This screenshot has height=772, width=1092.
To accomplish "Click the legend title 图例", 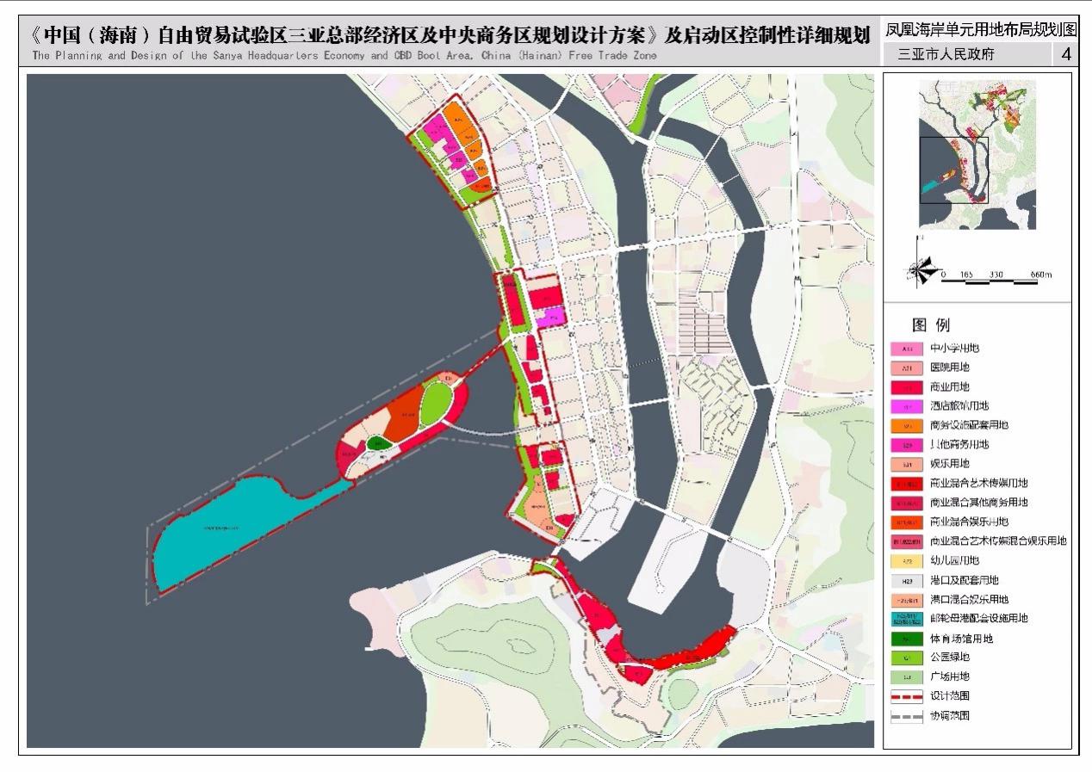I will [x=930, y=325].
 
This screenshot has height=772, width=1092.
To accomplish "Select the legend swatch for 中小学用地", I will [x=906, y=349].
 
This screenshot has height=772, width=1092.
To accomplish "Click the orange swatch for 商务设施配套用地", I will [x=906, y=425].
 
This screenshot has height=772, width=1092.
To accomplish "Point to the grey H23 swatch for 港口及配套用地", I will [x=906, y=580].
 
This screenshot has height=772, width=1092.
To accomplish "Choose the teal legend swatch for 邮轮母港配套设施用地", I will [x=906, y=619].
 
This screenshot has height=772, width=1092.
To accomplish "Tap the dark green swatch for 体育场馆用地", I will [x=906, y=639].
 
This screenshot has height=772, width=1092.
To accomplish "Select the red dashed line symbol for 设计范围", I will [x=906, y=696].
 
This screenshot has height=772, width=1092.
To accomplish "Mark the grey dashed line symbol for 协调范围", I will [x=906, y=716].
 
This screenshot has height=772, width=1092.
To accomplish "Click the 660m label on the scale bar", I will [x=1040, y=275].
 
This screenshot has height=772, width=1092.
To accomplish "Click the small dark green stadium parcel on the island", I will [x=377, y=443].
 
